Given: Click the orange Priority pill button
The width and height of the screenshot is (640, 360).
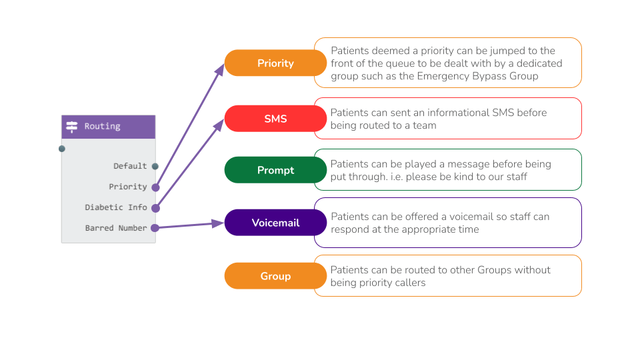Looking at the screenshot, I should pyautogui.click(x=275, y=63).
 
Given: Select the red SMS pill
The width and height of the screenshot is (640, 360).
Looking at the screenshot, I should pyautogui.click(x=275, y=119).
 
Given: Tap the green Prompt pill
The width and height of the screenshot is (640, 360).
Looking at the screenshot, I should pyautogui.click(x=275, y=170).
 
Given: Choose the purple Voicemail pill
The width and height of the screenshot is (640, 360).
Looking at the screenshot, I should pyautogui.click(x=275, y=223).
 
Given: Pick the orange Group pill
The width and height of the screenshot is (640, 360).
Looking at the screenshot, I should pyautogui.click(x=275, y=276).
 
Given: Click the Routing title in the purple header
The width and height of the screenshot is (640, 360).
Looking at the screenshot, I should pyautogui.click(x=102, y=126).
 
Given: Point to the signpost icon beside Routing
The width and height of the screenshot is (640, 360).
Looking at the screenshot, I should pyautogui.click(x=72, y=127).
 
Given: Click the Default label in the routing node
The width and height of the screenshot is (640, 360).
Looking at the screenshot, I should pyautogui.click(x=130, y=166).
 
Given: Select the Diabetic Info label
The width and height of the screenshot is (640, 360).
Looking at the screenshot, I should pyautogui.click(x=115, y=207).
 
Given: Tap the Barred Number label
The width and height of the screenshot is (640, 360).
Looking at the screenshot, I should pyautogui.click(x=115, y=228).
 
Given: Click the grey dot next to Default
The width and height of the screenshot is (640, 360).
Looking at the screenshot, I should pyautogui.click(x=155, y=166).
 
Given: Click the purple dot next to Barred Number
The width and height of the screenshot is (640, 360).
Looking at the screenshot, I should pyautogui.click(x=155, y=228).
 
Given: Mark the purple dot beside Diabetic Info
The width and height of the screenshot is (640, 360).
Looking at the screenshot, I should pyautogui.click(x=155, y=208).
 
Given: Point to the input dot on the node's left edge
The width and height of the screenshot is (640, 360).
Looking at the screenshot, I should pyautogui.click(x=62, y=149).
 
